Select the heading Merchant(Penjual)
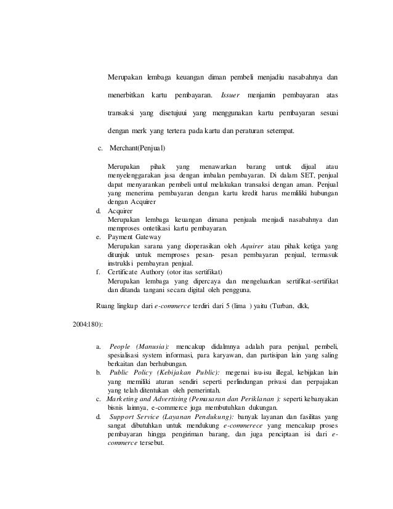point(137,149)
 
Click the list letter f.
point(99,272)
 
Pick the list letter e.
point(99,237)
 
